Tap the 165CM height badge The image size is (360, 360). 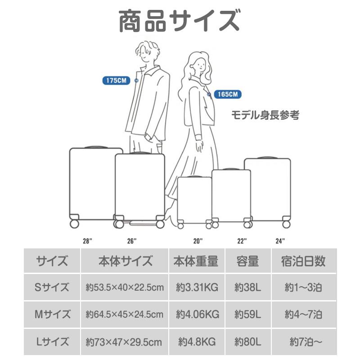tap(227, 94)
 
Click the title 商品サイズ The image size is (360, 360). tap(179, 21)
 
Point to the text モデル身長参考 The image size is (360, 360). tap(265, 115)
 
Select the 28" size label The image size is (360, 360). tap(87, 241)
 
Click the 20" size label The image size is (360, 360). tap(198, 241)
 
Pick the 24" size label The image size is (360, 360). tap(280, 241)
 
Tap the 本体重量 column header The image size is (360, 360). tap(196, 261)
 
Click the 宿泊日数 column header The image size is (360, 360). tap(303, 261)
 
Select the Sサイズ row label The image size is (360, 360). tap(52, 287)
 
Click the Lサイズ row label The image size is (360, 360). tap(52, 342)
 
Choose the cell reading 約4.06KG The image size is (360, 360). tap(197, 314)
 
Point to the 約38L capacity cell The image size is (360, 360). tap(247, 287)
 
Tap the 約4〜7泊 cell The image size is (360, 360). tap(303, 314)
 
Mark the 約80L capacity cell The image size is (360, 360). tap(247, 342)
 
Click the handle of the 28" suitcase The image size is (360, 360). tap(95, 147)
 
